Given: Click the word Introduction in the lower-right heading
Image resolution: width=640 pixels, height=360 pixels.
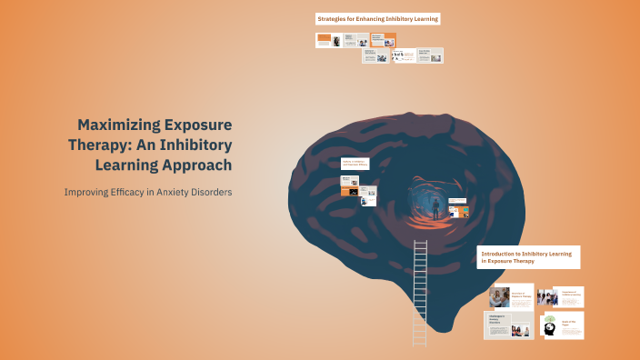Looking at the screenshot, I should click(502, 254).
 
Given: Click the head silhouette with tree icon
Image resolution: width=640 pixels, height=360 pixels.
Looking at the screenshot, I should click(550, 326).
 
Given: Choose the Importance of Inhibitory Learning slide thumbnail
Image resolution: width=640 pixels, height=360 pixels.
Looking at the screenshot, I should click(560, 296).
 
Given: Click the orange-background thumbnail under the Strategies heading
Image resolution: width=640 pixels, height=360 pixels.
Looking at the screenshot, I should click(383, 40).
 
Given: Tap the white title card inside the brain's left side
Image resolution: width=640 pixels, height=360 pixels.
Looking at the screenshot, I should click(354, 165).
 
